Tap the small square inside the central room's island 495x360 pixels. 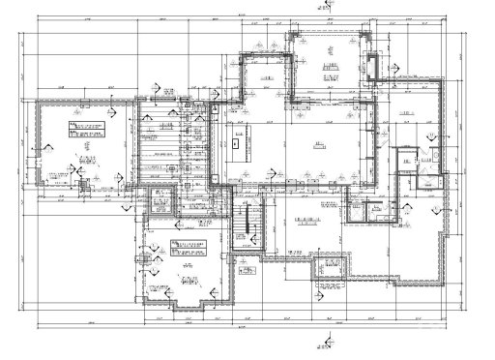coord(237,141)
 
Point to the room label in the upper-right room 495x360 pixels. coord(406,113)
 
